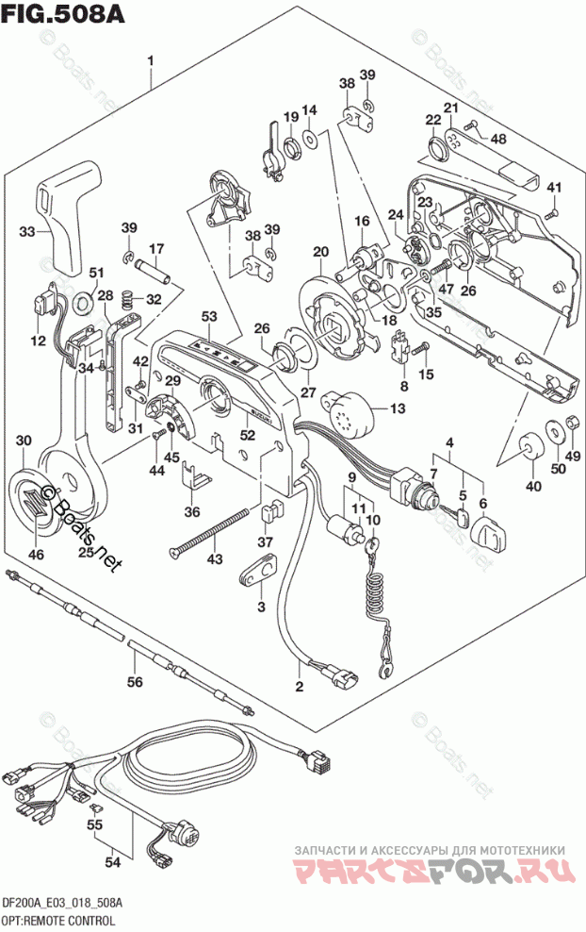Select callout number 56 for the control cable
134,682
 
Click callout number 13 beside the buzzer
397,409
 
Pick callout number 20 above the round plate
321,252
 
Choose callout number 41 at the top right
554,185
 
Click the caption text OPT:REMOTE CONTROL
58,920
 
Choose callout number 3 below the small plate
260,607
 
